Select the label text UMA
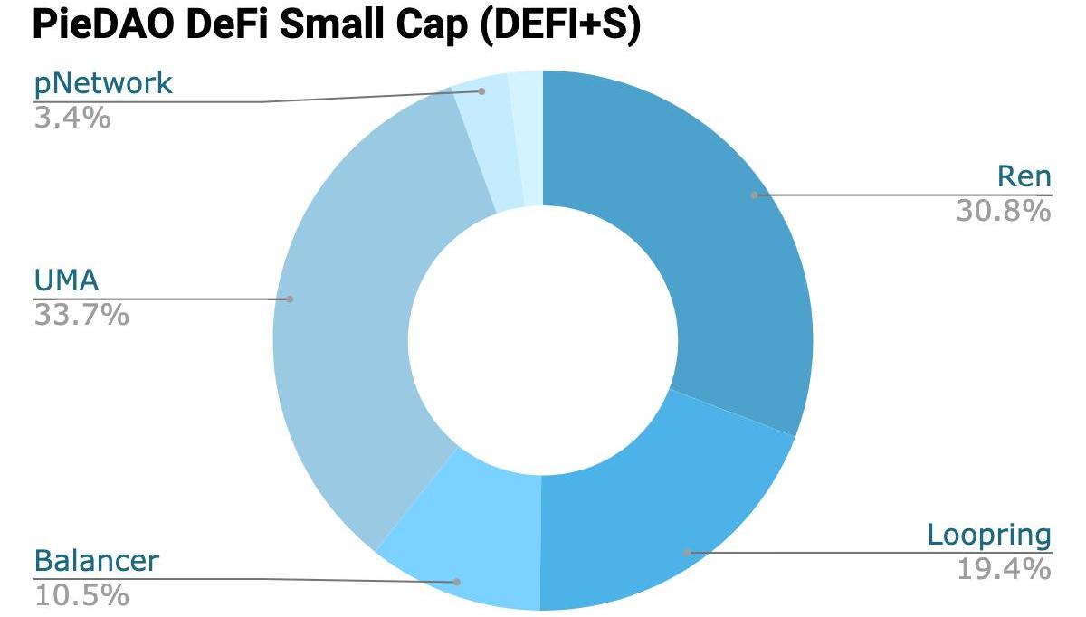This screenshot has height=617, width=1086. click(66, 282)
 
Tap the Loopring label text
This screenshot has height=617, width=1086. click(989, 535)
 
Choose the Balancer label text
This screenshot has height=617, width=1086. click(96, 561)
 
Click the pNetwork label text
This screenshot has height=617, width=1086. click(102, 84)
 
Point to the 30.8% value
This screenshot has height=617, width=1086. click(1004, 211)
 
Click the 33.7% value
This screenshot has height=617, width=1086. click(81, 316)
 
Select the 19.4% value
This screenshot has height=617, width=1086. click(1004, 569)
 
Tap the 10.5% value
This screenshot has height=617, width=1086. click(81, 595)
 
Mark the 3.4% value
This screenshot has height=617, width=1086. click(72, 118)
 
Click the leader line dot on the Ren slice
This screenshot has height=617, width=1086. click(754, 195)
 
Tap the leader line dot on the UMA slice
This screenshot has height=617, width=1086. click(290, 299)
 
